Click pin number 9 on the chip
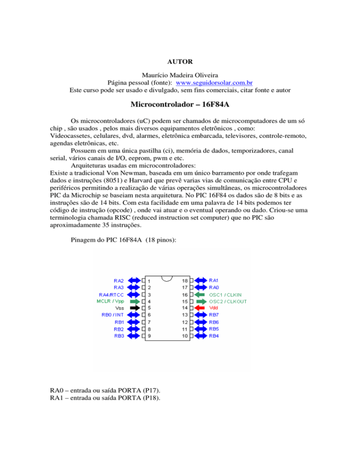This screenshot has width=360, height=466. tap(150, 336)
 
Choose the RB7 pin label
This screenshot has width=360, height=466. tap(214, 315)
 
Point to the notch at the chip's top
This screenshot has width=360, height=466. tap(167, 278)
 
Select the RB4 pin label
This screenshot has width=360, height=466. tap(214, 336)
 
